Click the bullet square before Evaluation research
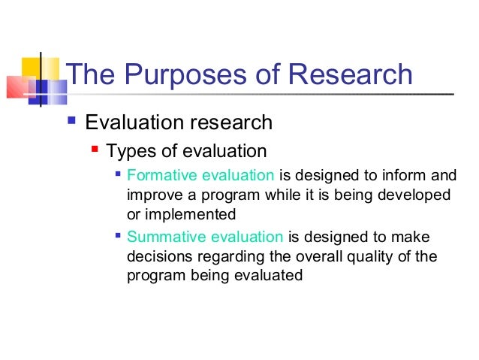tap(72, 120)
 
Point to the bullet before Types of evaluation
tap(95, 149)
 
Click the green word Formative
tap(158, 177)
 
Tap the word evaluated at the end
tap(274, 275)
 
